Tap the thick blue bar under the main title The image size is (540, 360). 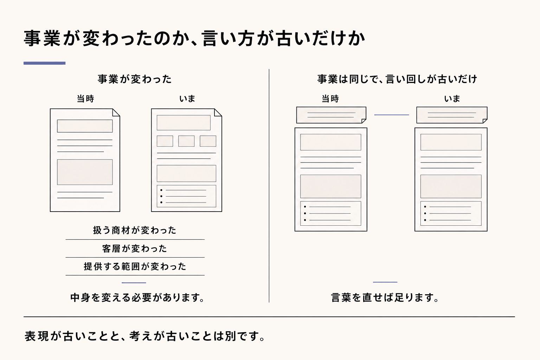click(x=44, y=63)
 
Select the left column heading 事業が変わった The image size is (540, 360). click(x=135, y=79)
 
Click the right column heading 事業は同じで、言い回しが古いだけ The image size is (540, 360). click(x=397, y=79)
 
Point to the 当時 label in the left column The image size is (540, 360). click(x=85, y=99)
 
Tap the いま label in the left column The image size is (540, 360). click(x=187, y=99)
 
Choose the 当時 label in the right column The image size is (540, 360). click(x=330, y=99)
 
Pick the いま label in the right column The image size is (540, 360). click(x=452, y=99)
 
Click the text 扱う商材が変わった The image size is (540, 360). click(x=135, y=230)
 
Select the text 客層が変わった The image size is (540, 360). click(x=135, y=249)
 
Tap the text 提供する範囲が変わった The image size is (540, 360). click(x=135, y=266)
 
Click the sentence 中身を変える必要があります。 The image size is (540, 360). click(x=137, y=297)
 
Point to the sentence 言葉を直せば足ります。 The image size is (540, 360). click(x=385, y=297)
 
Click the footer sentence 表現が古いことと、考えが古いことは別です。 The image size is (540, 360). click(x=145, y=336)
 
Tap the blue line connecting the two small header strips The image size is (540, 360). click(x=392, y=115)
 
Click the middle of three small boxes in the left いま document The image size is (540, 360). click(x=186, y=141)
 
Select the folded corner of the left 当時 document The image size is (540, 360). click(x=116, y=112)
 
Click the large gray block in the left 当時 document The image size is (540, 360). click(x=85, y=172)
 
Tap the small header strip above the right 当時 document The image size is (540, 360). click(x=331, y=115)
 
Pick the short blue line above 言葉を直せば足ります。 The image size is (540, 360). click(x=385, y=282)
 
